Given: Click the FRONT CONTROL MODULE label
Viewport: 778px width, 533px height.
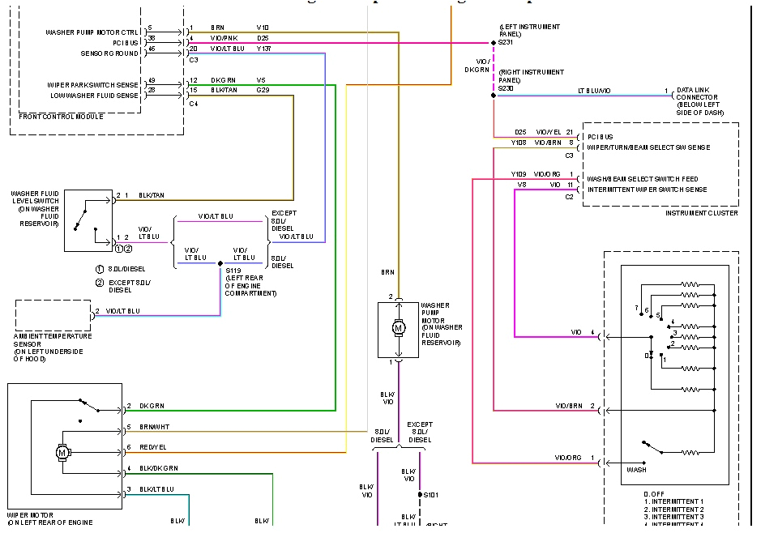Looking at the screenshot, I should (60, 117).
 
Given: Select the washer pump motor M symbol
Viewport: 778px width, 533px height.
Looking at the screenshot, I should (398, 327).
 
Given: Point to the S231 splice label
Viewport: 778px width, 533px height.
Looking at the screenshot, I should (505, 42).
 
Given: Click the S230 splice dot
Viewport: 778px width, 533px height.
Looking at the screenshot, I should (494, 96).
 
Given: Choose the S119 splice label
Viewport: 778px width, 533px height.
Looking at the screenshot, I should (233, 271).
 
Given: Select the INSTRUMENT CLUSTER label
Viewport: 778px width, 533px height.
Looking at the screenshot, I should (701, 213).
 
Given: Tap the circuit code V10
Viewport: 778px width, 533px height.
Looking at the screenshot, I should (263, 28).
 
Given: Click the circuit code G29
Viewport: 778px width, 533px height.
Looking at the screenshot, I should (263, 91).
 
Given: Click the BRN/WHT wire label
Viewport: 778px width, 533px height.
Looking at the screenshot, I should (155, 427).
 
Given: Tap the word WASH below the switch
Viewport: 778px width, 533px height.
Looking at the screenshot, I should (637, 470).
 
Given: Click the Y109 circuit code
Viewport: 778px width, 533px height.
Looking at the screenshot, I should (519, 174).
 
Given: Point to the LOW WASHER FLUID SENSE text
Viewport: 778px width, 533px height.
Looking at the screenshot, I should (93, 96).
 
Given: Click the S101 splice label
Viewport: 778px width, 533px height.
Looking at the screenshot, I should (430, 494).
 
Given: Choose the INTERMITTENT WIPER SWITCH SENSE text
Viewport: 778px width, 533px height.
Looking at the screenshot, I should (646, 190).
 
